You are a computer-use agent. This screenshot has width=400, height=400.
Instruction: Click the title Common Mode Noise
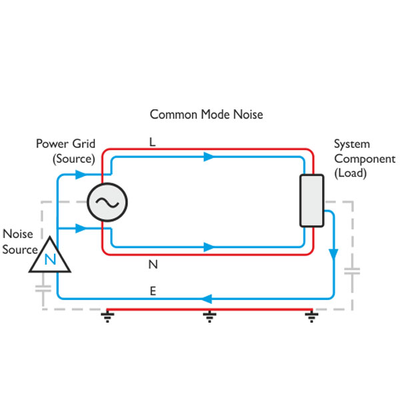[x=206, y=115]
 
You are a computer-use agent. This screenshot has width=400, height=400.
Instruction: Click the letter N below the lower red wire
[x=153, y=265]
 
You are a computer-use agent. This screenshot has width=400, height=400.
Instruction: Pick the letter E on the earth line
[x=153, y=291]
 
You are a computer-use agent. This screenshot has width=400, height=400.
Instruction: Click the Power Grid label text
[x=65, y=144]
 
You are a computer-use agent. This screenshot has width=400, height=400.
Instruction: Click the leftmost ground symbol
[x=107, y=315]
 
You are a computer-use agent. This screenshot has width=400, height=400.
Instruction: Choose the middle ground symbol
[x=209, y=315]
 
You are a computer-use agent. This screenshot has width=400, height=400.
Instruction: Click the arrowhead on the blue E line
[x=208, y=299]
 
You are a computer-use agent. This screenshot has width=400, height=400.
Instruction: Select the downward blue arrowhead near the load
[x=333, y=255]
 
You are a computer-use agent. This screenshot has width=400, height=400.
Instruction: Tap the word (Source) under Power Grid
[x=74, y=159]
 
